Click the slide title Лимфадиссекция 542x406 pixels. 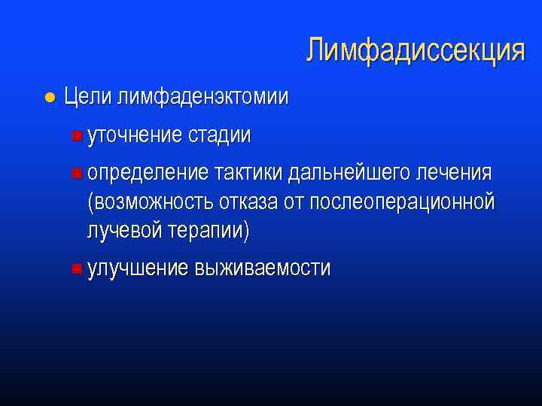pyautogui.click(x=415, y=50)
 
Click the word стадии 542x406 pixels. pyautogui.click(x=220, y=135)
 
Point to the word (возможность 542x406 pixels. pyautogui.click(x=151, y=202)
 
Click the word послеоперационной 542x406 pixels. pyautogui.click(x=402, y=202)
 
